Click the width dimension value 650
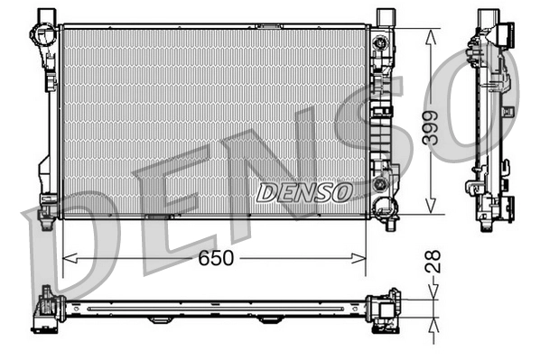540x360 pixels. coord(216,258)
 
